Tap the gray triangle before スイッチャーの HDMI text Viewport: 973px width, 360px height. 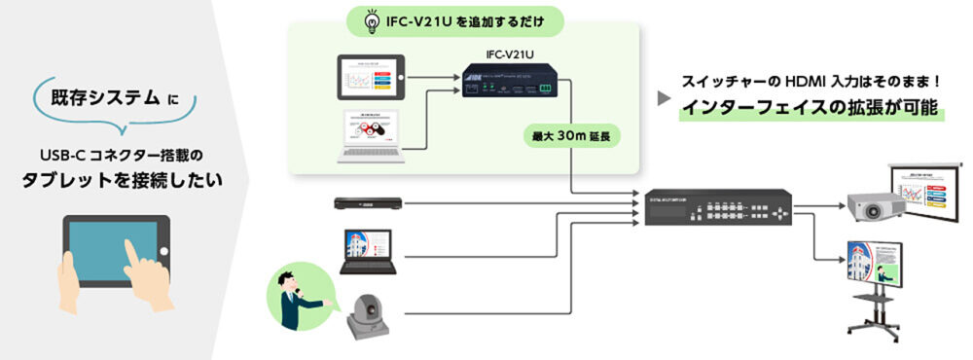click(664, 98)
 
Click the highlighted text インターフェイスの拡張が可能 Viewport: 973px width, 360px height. click(812, 109)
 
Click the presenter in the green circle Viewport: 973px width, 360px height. click(296, 293)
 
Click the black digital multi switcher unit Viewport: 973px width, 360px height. click(718, 209)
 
